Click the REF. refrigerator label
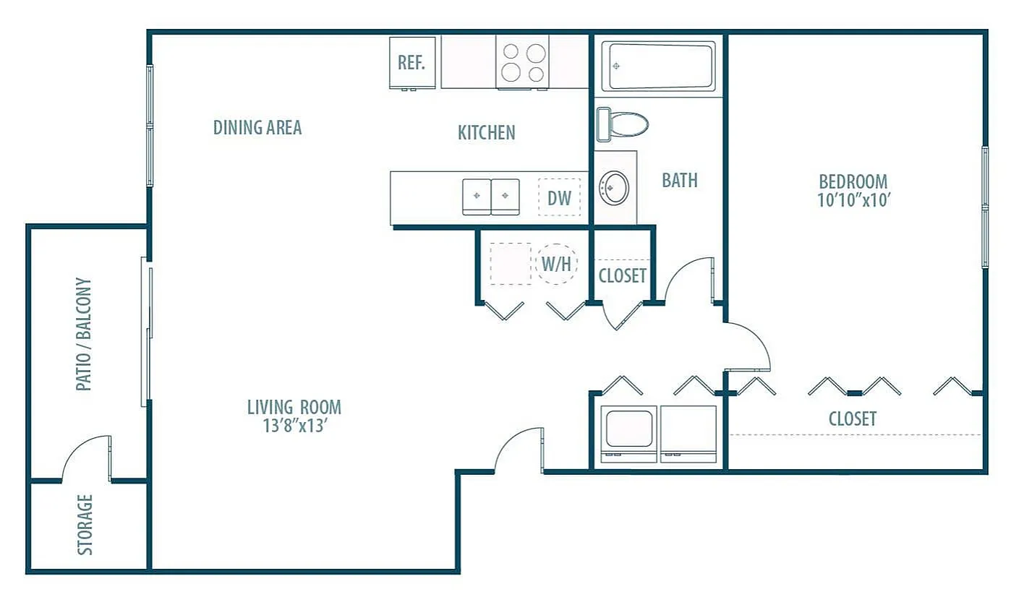point(411,63)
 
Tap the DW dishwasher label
point(559,198)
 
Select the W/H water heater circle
point(557,264)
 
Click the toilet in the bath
point(623,124)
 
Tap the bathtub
point(659,66)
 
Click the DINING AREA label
point(257,128)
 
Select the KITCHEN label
point(486,133)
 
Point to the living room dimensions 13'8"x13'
point(295,426)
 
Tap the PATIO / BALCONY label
point(83,334)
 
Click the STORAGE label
point(85,525)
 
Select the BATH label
point(680,181)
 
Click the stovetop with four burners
point(523,62)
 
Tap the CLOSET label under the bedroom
point(853,418)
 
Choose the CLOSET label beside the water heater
point(623,275)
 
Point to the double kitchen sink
point(491,197)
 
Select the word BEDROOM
point(853,182)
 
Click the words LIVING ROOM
point(294,408)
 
